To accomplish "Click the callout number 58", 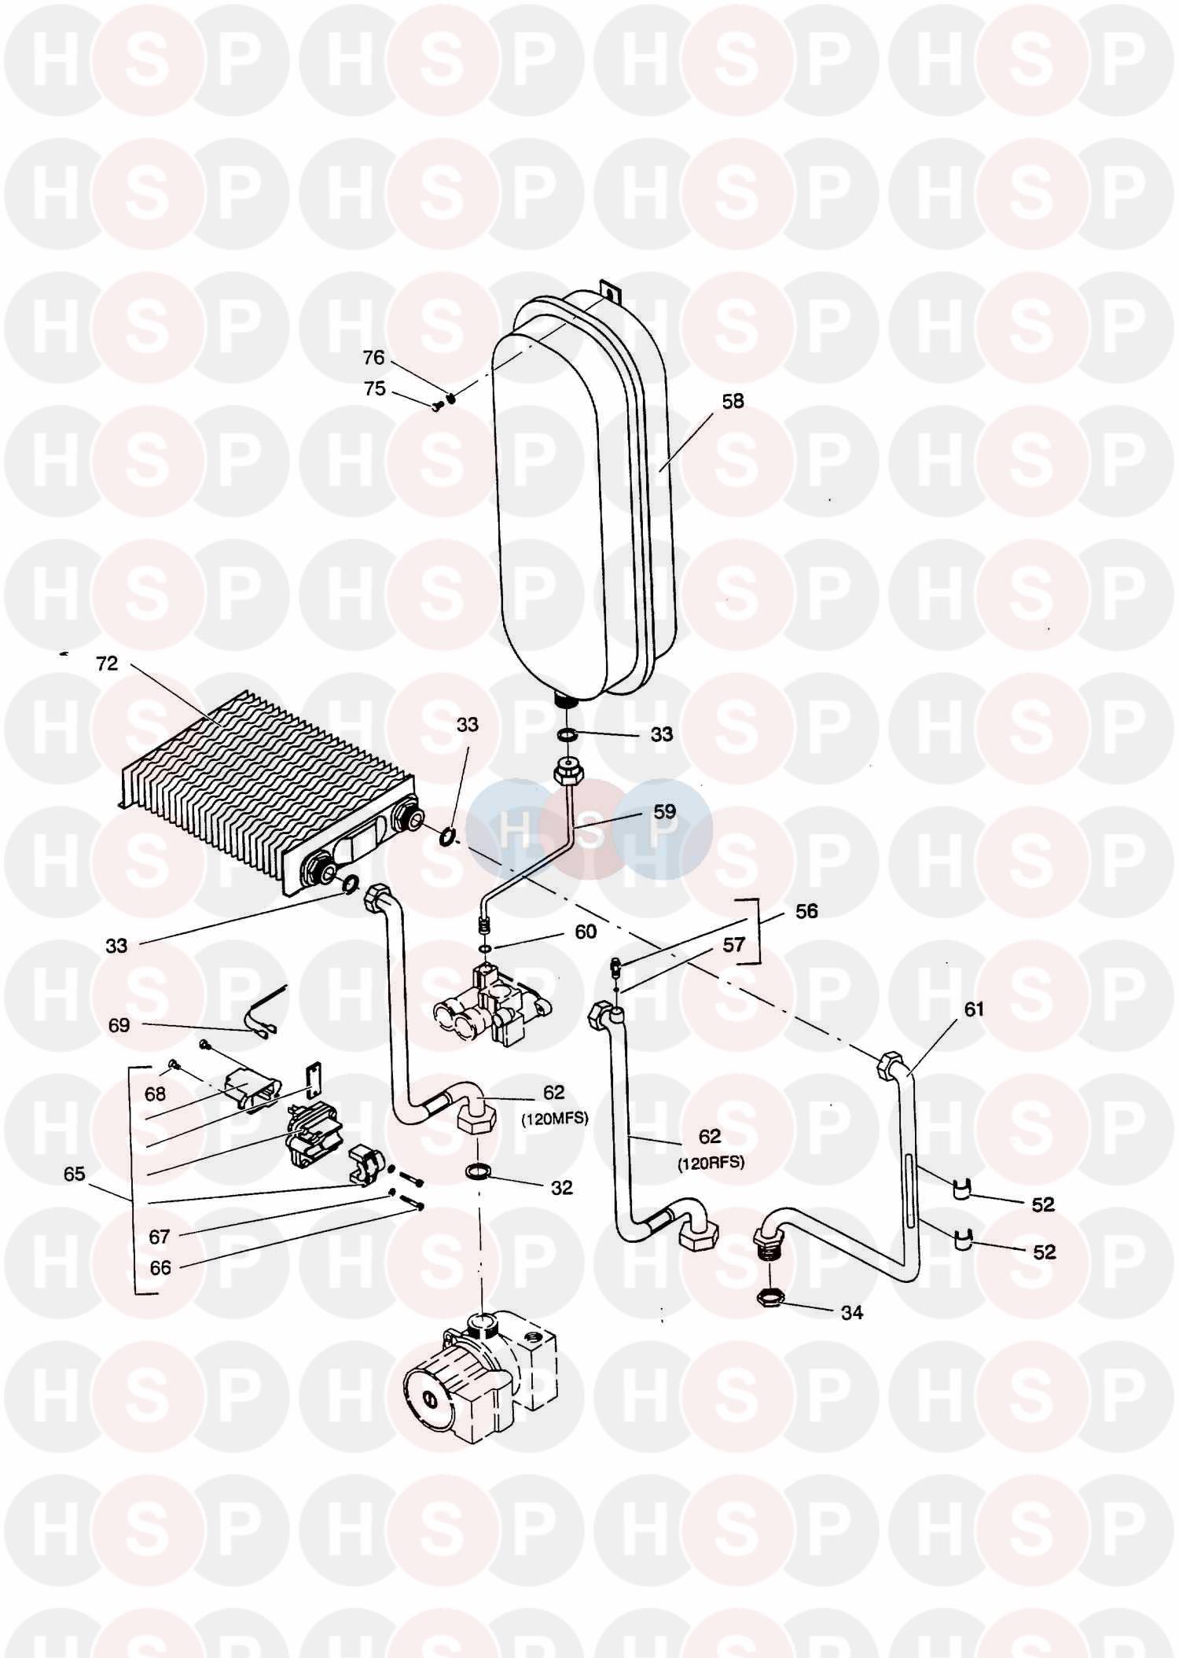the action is pos(733,401).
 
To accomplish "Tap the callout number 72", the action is pos(107,664).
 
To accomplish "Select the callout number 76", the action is pos(373,358).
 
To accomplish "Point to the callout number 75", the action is pos(375,388).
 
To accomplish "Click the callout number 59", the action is pos(665,811).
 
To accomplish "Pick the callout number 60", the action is pos(586,932).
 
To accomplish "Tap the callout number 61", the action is pos(974,1009).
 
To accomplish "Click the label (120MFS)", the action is pos(553,1119).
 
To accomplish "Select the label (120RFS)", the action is pos(710,1163).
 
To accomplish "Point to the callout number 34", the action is pos(852,1312).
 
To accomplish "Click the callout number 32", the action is pos(562,1188).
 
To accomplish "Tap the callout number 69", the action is pos(119,1025).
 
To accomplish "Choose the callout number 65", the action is pos(74,1175).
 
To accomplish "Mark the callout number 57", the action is pos(733,944).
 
